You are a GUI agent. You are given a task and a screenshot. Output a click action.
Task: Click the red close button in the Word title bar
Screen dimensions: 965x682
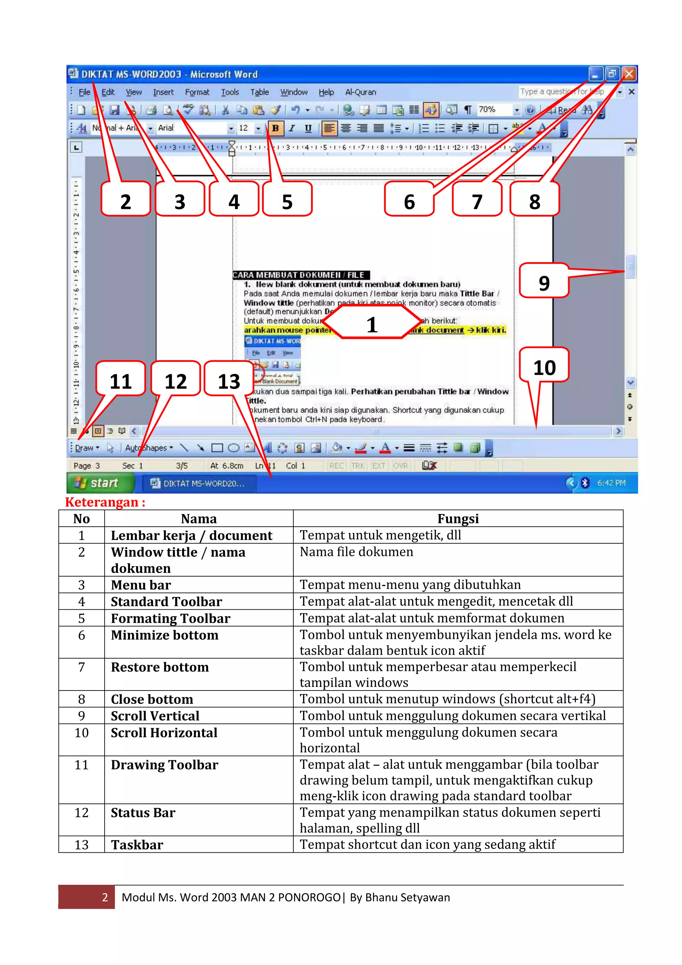[x=629, y=74]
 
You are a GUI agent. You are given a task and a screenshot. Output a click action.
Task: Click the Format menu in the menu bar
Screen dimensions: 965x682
[x=197, y=92]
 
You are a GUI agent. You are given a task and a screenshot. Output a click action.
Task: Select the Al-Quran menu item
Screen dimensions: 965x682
[x=361, y=92]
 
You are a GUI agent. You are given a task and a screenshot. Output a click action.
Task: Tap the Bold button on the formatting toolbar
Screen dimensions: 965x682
[x=275, y=128]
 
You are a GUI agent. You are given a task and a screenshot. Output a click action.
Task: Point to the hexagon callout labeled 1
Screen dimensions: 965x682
[x=371, y=322]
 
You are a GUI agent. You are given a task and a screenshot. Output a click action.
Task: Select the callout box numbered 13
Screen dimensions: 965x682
[x=228, y=379]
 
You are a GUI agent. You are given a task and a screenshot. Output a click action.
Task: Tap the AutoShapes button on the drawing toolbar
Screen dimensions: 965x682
[x=148, y=448]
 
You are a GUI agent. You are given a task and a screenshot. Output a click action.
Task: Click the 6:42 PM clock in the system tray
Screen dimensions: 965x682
[x=611, y=483]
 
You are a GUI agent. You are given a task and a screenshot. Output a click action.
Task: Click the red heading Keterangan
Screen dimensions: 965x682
[x=105, y=502]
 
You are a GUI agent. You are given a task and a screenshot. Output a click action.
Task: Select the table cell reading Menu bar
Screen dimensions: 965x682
[x=141, y=585]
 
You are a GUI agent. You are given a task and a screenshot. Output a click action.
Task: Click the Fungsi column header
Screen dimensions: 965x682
[x=458, y=519]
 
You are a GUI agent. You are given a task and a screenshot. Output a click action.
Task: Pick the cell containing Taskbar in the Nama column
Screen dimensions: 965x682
[x=137, y=844]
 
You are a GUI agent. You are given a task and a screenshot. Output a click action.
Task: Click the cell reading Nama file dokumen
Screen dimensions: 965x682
[x=356, y=552]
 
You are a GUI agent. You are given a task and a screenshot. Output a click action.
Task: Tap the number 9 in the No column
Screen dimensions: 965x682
[x=82, y=716]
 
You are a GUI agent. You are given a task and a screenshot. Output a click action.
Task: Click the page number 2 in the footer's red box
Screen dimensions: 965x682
[x=105, y=897]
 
